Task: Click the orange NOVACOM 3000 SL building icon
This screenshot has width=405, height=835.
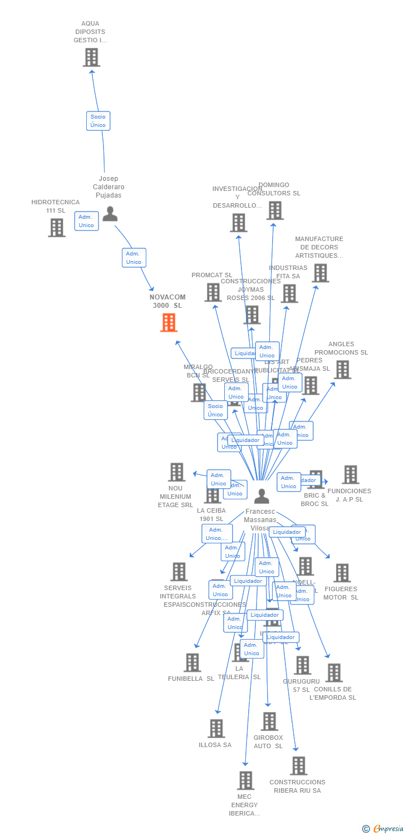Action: click(x=169, y=322)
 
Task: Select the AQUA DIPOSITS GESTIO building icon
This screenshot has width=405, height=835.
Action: click(x=91, y=57)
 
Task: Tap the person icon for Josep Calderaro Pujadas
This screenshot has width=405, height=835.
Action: click(x=110, y=214)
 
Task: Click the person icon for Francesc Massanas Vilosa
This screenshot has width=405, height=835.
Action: click(x=261, y=497)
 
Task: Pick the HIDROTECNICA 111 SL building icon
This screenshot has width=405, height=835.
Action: click(x=56, y=228)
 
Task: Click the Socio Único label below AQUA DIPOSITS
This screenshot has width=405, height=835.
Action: click(x=98, y=121)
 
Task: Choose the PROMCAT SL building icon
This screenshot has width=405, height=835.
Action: click(x=213, y=292)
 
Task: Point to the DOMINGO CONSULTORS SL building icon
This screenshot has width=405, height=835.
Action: click(x=275, y=210)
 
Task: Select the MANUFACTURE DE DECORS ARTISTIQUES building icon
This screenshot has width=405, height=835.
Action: click(x=320, y=273)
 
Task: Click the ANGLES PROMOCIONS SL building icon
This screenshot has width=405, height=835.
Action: click(x=342, y=369)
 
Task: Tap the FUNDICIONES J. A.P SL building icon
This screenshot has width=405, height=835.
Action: click(x=350, y=475)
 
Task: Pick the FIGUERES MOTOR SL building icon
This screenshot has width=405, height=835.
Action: click(x=342, y=573)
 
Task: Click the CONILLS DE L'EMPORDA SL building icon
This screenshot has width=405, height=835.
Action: click(x=334, y=673)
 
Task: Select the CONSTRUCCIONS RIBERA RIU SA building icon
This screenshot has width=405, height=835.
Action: click(x=299, y=766)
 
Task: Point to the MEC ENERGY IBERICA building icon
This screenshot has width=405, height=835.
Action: click(x=245, y=780)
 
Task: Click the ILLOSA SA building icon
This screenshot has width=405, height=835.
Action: click(x=216, y=728)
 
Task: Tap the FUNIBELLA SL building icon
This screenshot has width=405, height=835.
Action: click(x=192, y=662)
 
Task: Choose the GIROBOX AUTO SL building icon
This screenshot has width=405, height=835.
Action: click(x=269, y=721)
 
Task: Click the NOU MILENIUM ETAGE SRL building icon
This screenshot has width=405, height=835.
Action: click(x=176, y=472)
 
